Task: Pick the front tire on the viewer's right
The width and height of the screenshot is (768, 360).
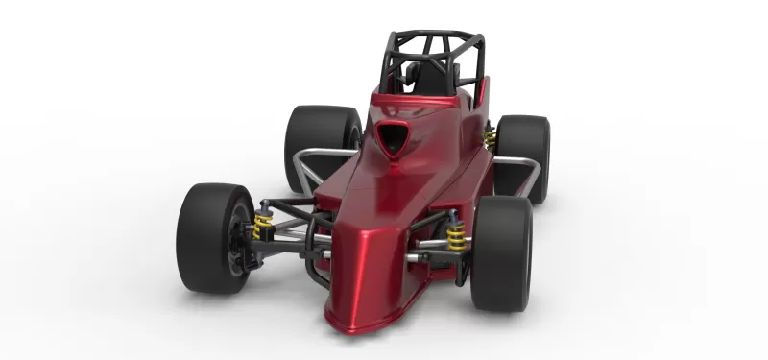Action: (501, 253)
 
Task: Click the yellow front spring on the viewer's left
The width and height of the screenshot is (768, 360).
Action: (263, 228)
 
